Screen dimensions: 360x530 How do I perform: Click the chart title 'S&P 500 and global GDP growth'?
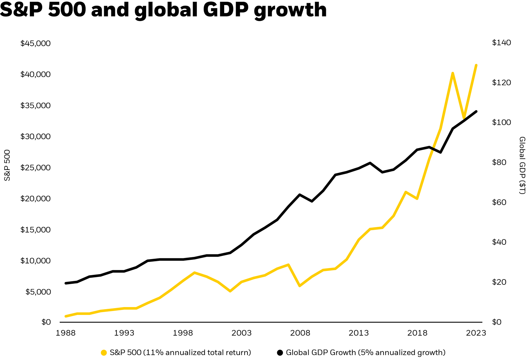point(163,10)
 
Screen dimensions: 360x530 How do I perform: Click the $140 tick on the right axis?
point(502,43)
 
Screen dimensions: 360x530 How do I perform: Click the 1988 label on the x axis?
point(66,333)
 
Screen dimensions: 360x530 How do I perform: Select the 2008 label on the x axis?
point(300,333)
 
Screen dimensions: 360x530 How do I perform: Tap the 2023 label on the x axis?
point(476,333)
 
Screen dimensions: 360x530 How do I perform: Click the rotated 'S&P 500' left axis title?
point(8,165)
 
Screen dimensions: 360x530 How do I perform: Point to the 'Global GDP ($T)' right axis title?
point(522,165)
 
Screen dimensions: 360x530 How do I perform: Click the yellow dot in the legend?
point(104,353)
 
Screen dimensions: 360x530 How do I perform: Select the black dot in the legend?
point(280,353)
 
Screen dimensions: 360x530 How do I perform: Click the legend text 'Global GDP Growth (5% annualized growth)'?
point(366,353)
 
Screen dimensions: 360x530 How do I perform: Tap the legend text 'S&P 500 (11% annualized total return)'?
point(180,353)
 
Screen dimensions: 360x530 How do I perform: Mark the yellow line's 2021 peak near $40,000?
point(453,73)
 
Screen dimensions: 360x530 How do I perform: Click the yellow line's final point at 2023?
point(476,65)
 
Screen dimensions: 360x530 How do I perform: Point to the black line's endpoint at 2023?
point(476,111)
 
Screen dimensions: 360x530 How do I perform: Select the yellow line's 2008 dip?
point(300,286)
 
